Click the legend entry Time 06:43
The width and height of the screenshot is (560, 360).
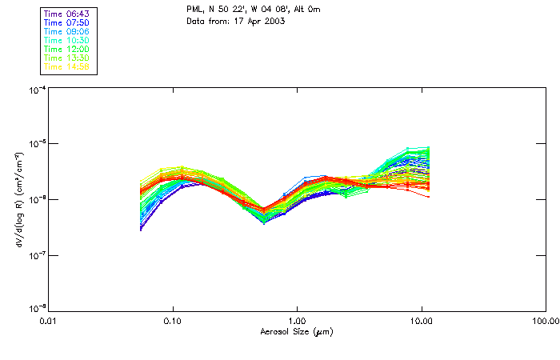pyautogui.click(x=66, y=14)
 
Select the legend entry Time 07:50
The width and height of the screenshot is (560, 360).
pyautogui.click(x=66, y=23)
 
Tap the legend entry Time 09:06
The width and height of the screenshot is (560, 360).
pyautogui.click(x=66, y=32)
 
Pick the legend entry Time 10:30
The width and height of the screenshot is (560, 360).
pyautogui.click(x=66, y=41)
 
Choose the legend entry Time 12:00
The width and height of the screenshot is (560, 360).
pyautogui.click(x=66, y=50)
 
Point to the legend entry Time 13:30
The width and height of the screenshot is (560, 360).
pyautogui.click(x=66, y=58)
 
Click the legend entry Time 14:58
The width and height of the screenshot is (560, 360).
pyautogui.click(x=66, y=67)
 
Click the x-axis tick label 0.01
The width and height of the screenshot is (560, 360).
pyautogui.click(x=49, y=321)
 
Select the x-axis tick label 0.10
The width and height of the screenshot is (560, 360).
pyautogui.click(x=173, y=321)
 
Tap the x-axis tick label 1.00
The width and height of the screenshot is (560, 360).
pyautogui.click(x=298, y=321)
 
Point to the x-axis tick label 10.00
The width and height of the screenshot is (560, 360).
pyautogui.click(x=422, y=321)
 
